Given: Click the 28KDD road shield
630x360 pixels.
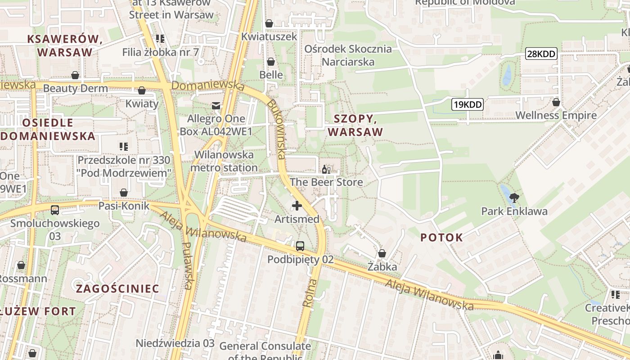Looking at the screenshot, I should point(541,54).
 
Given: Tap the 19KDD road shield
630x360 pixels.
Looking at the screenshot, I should point(468,105).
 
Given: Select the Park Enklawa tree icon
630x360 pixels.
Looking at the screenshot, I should point(514,197).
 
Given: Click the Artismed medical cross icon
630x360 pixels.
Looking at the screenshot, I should point(297,206).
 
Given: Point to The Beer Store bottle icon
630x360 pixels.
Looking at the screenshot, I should point(326,170).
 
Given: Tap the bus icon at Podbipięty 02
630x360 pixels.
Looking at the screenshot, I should point(300,246).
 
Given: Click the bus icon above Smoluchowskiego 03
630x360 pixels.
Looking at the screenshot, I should point(55,210).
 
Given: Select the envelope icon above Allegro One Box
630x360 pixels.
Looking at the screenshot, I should point(216,106).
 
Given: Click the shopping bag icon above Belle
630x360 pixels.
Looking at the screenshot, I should point(271,61).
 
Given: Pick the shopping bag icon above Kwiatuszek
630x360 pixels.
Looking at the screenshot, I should point(269,23).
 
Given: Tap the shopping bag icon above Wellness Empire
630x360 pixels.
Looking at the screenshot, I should point(556,102).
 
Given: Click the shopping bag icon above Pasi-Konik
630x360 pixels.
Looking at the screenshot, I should point(124,193).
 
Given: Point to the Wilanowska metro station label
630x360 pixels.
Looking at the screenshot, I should point(224,161).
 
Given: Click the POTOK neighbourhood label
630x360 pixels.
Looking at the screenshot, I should point(441,238).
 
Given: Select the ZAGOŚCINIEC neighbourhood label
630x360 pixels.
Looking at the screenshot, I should point(117,288).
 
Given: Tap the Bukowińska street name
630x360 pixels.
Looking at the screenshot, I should point(276,128).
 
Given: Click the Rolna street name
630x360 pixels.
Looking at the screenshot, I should point(310,293).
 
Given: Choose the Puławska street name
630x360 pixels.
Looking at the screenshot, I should point(188,265).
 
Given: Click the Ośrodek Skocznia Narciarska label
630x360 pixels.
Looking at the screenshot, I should point(348,55).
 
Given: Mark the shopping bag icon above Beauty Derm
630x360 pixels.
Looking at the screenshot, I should point(75,75).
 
